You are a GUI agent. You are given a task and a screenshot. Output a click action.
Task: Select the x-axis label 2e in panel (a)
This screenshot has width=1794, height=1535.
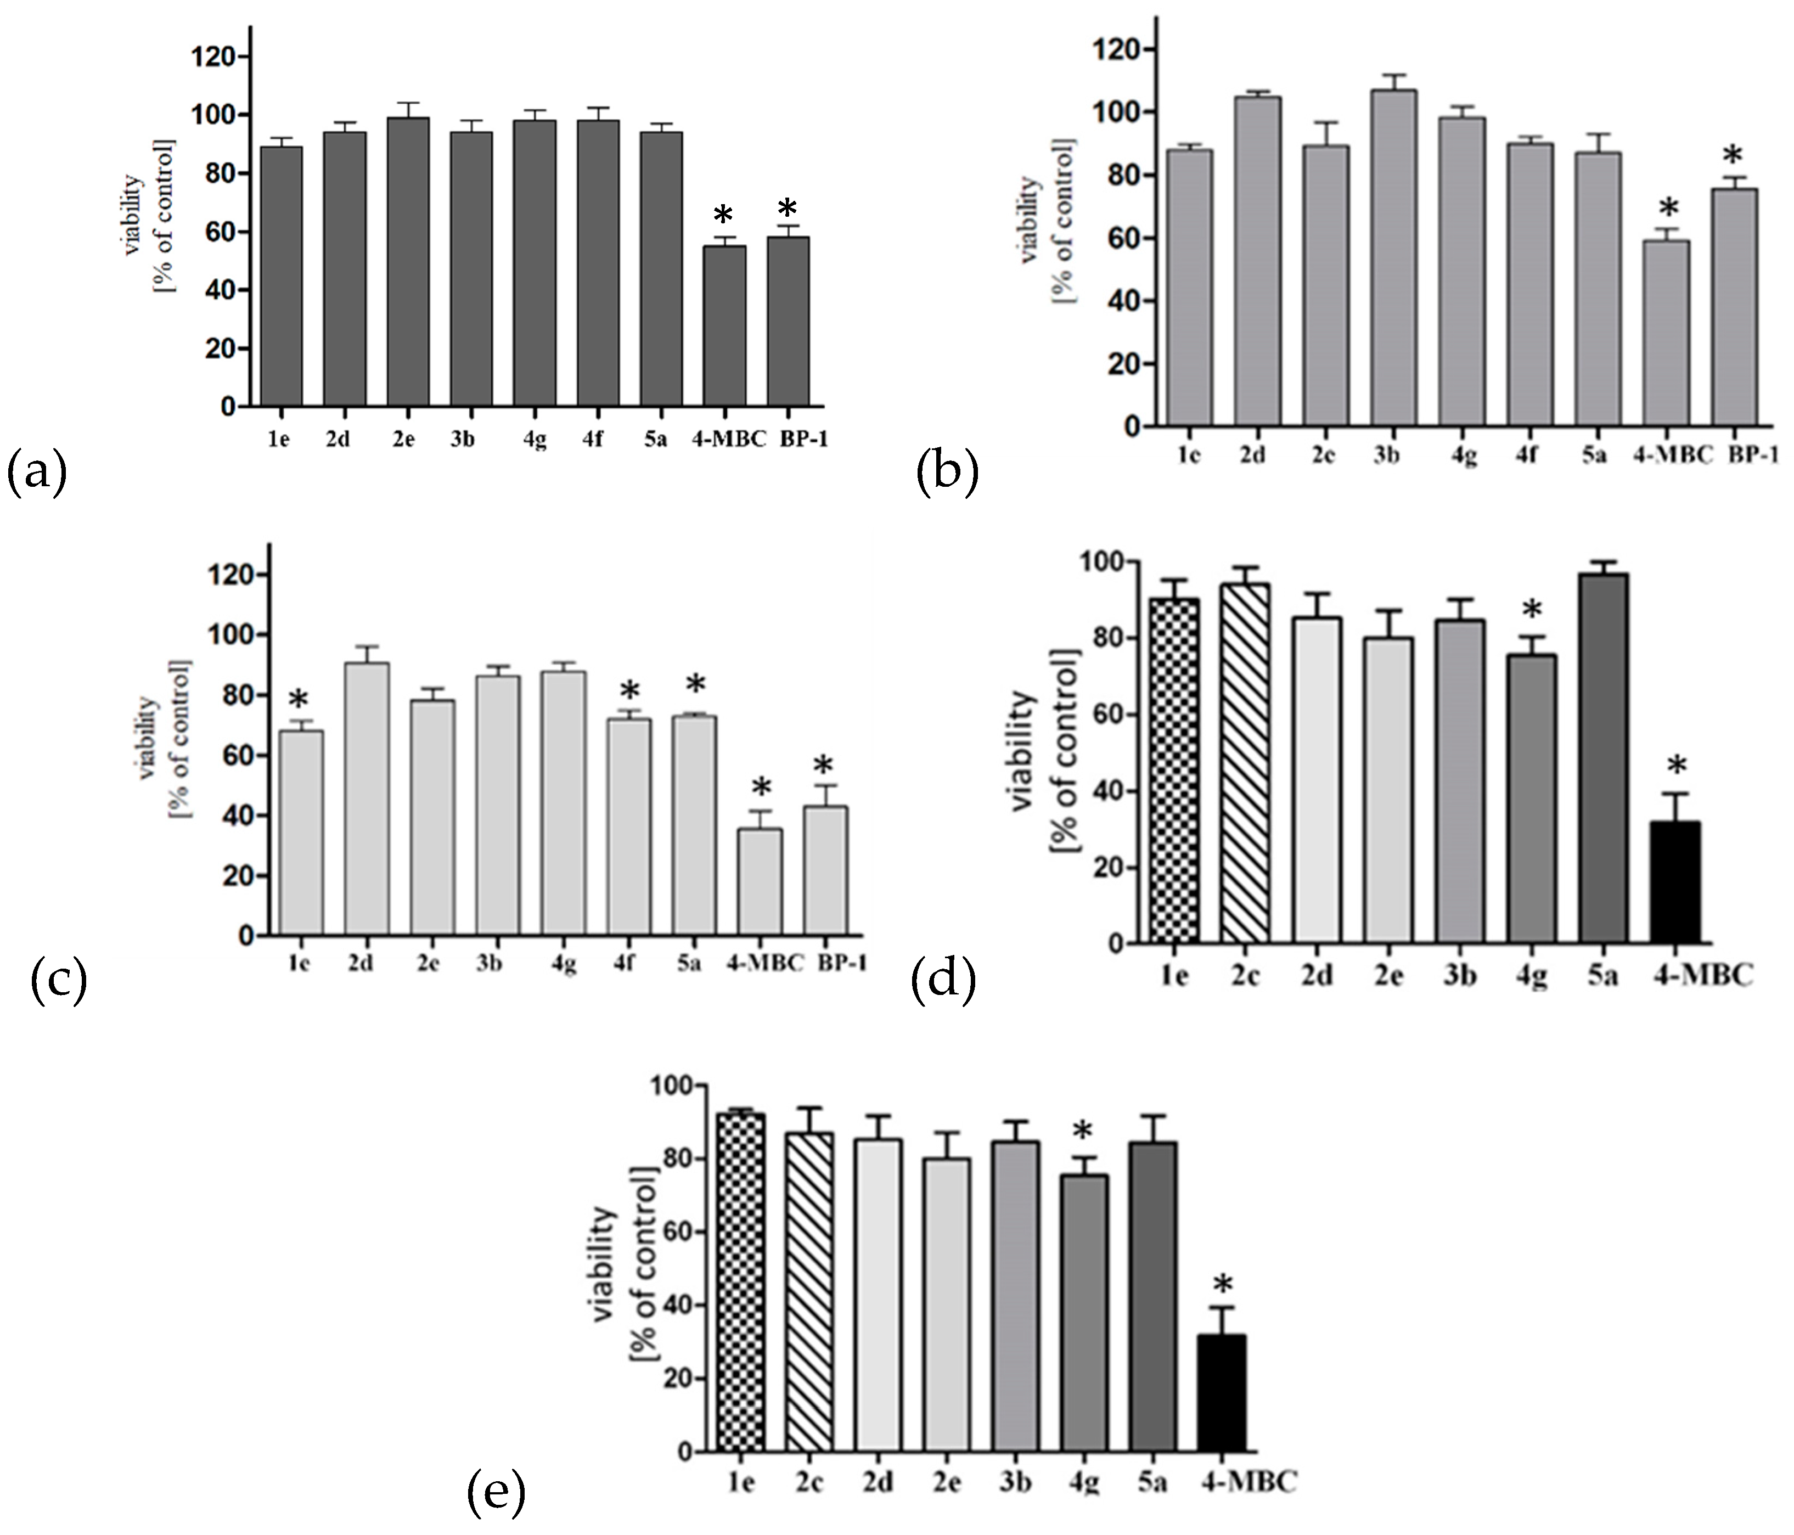click(x=403, y=439)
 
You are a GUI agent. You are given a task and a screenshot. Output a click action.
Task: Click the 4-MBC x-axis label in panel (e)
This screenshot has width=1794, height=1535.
click(x=1247, y=1482)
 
